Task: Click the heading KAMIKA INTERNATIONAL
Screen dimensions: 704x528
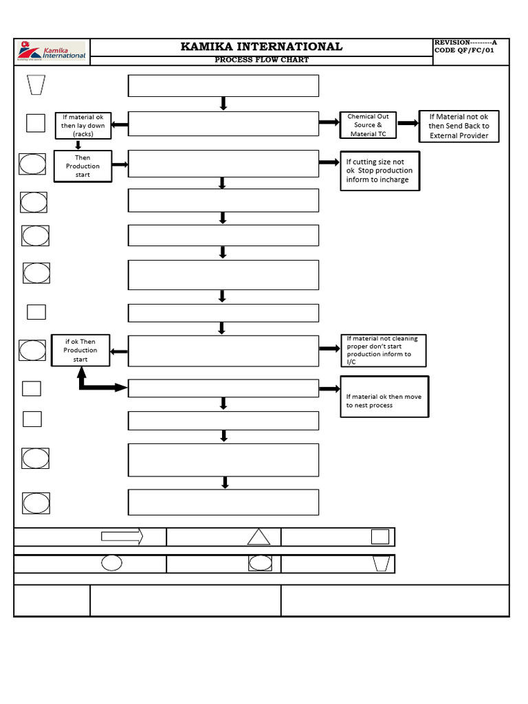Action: (261, 47)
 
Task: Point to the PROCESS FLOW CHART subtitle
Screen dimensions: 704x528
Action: (261, 60)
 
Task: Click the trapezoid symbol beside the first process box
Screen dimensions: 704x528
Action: (35, 85)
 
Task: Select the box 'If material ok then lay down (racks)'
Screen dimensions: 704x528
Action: (82, 126)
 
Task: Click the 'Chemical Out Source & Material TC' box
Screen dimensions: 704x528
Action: (368, 125)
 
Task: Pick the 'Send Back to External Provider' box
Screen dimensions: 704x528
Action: (459, 126)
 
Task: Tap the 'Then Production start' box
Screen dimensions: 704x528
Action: (82, 166)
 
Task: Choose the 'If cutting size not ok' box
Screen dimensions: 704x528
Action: (379, 170)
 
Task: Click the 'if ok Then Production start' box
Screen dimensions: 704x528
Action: (80, 350)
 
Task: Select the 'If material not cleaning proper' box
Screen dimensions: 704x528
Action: (382, 350)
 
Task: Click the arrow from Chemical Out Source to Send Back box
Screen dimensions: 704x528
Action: (408, 124)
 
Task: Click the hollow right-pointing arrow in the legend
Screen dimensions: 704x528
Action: (122, 536)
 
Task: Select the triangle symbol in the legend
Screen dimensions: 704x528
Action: (258, 537)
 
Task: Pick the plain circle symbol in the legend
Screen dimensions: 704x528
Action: (111, 563)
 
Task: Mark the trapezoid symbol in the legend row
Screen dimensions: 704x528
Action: (382, 564)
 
